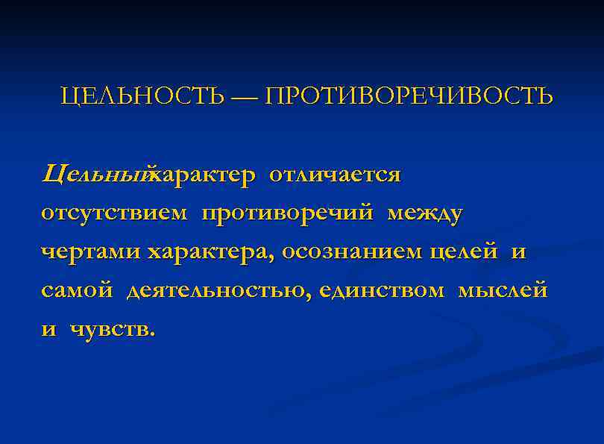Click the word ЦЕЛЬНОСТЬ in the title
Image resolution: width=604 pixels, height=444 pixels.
142,96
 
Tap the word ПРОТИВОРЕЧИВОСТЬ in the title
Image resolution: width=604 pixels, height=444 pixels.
409,96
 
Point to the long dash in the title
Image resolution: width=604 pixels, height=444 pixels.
244,97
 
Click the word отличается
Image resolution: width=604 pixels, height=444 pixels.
335,175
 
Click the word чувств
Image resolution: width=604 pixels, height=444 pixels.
113,328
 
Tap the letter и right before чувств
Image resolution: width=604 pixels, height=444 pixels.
48,329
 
